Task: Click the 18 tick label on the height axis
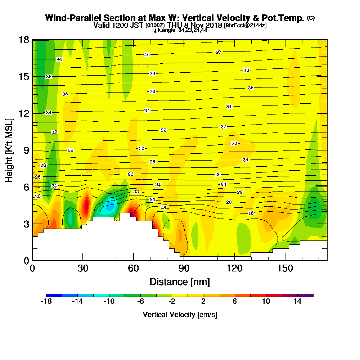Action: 23,40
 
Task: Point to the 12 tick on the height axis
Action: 32,113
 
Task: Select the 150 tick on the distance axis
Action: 285,260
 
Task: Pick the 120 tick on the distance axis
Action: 234,260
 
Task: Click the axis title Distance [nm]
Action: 180,282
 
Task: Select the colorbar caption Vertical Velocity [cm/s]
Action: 180,315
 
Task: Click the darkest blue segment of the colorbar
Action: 54,295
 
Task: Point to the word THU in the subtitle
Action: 174,26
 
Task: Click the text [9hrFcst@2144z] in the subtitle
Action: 245,26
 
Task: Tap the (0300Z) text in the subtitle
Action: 155,26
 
